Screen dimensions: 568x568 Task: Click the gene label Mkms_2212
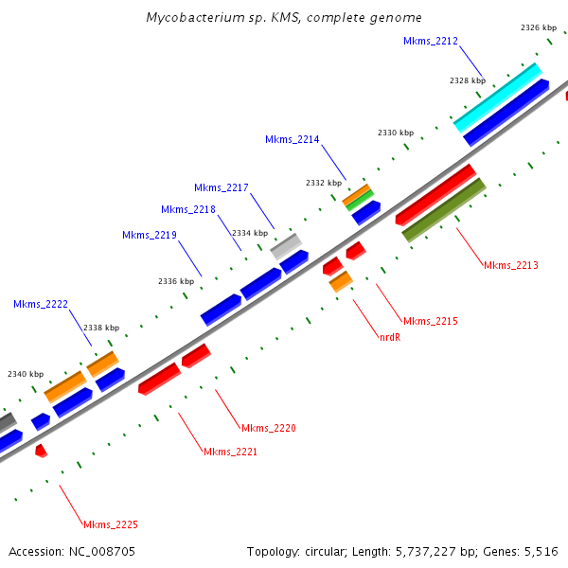click(x=431, y=42)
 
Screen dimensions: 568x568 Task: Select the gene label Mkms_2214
click(x=293, y=139)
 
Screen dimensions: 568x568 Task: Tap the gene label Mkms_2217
click(x=222, y=187)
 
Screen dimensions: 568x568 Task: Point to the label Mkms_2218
click(x=188, y=209)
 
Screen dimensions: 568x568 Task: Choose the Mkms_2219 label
click(x=150, y=235)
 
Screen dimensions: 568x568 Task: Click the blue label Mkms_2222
click(x=41, y=304)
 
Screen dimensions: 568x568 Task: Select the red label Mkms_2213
click(x=510, y=265)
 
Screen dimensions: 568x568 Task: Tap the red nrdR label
click(x=390, y=336)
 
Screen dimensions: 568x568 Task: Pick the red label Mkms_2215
click(x=430, y=322)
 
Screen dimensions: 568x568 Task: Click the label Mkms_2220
click(x=269, y=428)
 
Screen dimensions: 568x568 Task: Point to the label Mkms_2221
click(x=231, y=452)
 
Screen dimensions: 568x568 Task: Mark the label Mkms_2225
click(x=111, y=524)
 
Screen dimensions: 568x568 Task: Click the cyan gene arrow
click(x=497, y=98)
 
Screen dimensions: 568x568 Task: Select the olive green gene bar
click(x=444, y=209)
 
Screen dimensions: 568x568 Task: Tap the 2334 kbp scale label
click(x=250, y=233)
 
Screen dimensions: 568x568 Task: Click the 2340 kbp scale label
click(x=26, y=374)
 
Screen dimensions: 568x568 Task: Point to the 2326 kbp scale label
click(x=538, y=28)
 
